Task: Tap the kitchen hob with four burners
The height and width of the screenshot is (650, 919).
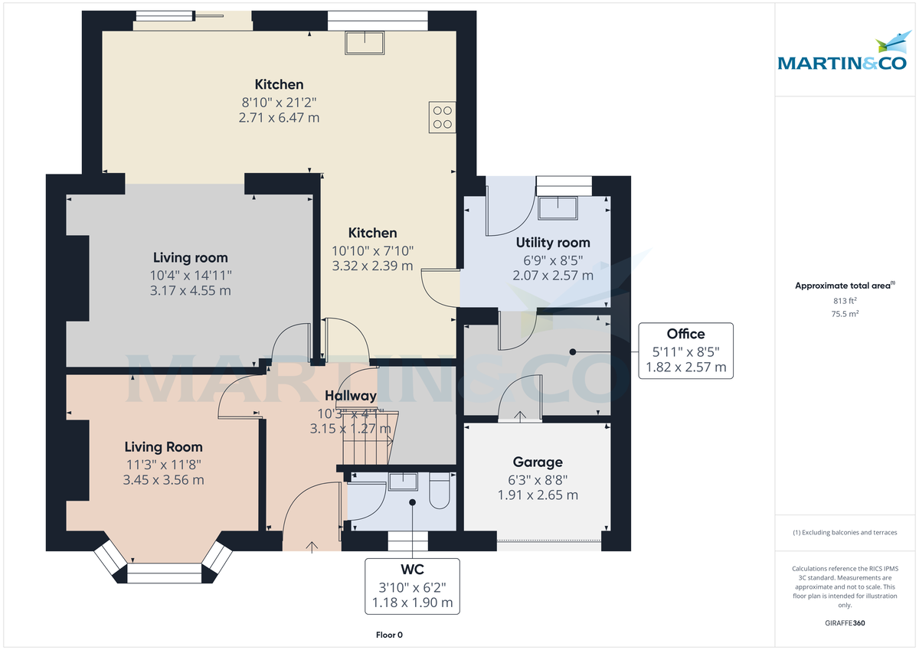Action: point(443,118)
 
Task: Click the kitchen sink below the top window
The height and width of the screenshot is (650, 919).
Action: point(365,43)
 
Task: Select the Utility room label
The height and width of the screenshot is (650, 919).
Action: point(553,243)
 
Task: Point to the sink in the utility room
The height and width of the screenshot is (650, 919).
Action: point(558,209)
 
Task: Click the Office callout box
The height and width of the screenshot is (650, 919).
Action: point(685,351)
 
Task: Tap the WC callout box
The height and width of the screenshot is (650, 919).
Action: point(412,586)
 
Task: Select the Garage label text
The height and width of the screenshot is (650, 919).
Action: point(538,462)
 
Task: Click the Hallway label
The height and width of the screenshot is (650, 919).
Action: point(351,396)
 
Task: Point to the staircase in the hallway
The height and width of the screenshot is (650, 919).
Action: point(368,436)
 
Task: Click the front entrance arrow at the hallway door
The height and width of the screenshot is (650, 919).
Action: point(312,546)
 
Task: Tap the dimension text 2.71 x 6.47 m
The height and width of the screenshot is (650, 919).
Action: point(280,117)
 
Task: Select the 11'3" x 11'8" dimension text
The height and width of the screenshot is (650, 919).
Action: point(163,464)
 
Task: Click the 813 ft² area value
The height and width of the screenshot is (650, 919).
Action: point(845,301)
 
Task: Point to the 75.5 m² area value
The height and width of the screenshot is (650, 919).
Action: point(845,314)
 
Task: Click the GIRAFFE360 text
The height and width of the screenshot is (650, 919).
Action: point(845,623)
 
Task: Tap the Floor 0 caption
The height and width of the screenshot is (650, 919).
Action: point(388,635)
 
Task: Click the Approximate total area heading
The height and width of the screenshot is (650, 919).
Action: point(844,286)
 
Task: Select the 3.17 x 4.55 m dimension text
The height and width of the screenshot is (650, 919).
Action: point(191,291)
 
